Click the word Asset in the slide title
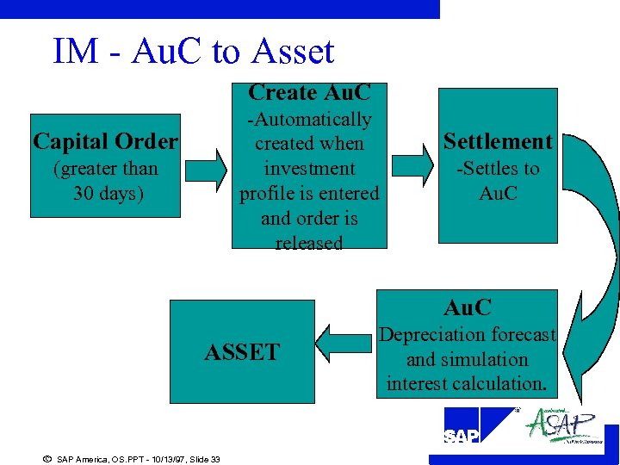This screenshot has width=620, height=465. pyautogui.click(x=293, y=52)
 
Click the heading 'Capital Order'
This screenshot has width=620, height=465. pyautogui.click(x=105, y=141)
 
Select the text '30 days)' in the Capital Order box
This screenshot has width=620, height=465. pyautogui.click(x=108, y=193)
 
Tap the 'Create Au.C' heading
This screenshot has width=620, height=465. pyautogui.click(x=308, y=92)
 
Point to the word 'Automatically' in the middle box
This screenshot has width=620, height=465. pyautogui.click(x=310, y=120)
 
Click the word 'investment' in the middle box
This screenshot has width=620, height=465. pyautogui.click(x=309, y=169)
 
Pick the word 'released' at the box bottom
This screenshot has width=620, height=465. pyautogui.click(x=309, y=243)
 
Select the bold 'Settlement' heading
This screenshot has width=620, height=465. pyautogui.click(x=498, y=141)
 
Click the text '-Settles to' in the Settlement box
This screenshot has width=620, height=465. pyautogui.click(x=498, y=169)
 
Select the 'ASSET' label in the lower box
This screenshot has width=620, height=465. pyautogui.click(x=242, y=352)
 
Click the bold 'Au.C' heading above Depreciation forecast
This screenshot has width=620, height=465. pyautogui.click(x=468, y=307)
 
